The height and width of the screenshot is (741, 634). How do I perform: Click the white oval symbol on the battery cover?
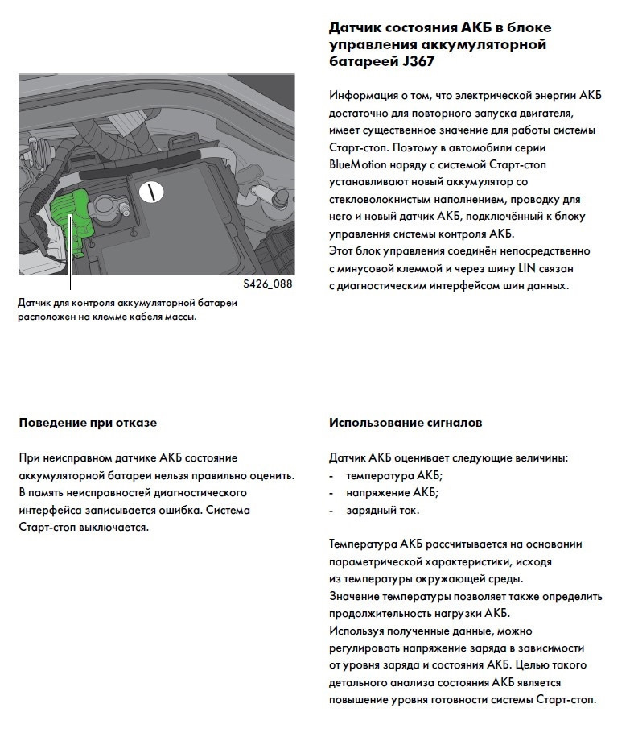tap(150, 192)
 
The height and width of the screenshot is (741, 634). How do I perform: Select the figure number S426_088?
tap(267, 284)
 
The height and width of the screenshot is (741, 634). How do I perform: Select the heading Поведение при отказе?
tap(88, 423)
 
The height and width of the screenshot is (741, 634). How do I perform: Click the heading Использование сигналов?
tap(406, 423)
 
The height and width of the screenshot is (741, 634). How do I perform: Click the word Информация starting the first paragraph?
tap(363, 95)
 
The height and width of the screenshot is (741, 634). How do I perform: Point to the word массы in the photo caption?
tap(179, 317)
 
